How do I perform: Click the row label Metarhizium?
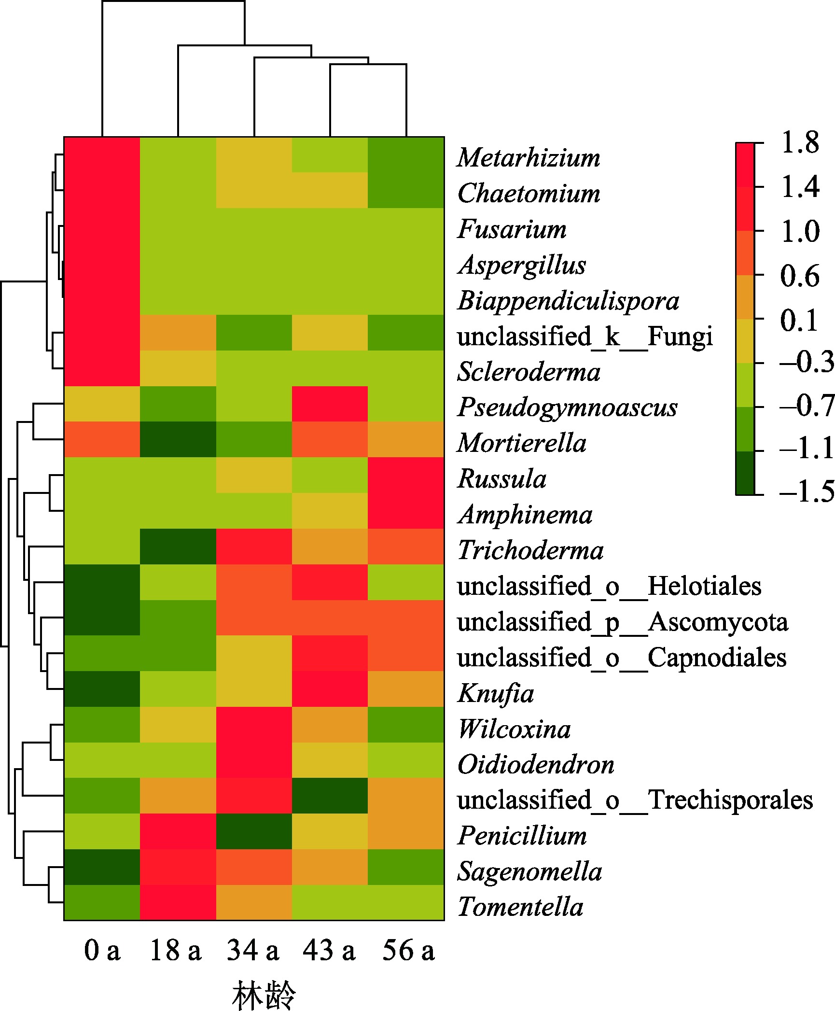coord(529,157)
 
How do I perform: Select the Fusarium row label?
coord(512,229)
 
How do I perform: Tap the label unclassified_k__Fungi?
coord(584,336)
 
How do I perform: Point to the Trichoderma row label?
coord(530,550)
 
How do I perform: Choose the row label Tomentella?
coord(520,907)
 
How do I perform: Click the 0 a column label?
coord(102,950)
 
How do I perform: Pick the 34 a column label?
coord(253,950)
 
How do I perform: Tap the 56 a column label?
coord(408,950)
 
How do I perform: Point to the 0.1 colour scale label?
coord(799,320)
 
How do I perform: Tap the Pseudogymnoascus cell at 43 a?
coord(330,404)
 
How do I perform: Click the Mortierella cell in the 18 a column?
coord(178,439)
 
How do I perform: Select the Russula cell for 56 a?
coord(406,475)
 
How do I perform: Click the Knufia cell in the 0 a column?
coord(102,689)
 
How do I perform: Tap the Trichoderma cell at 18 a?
coord(178,547)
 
